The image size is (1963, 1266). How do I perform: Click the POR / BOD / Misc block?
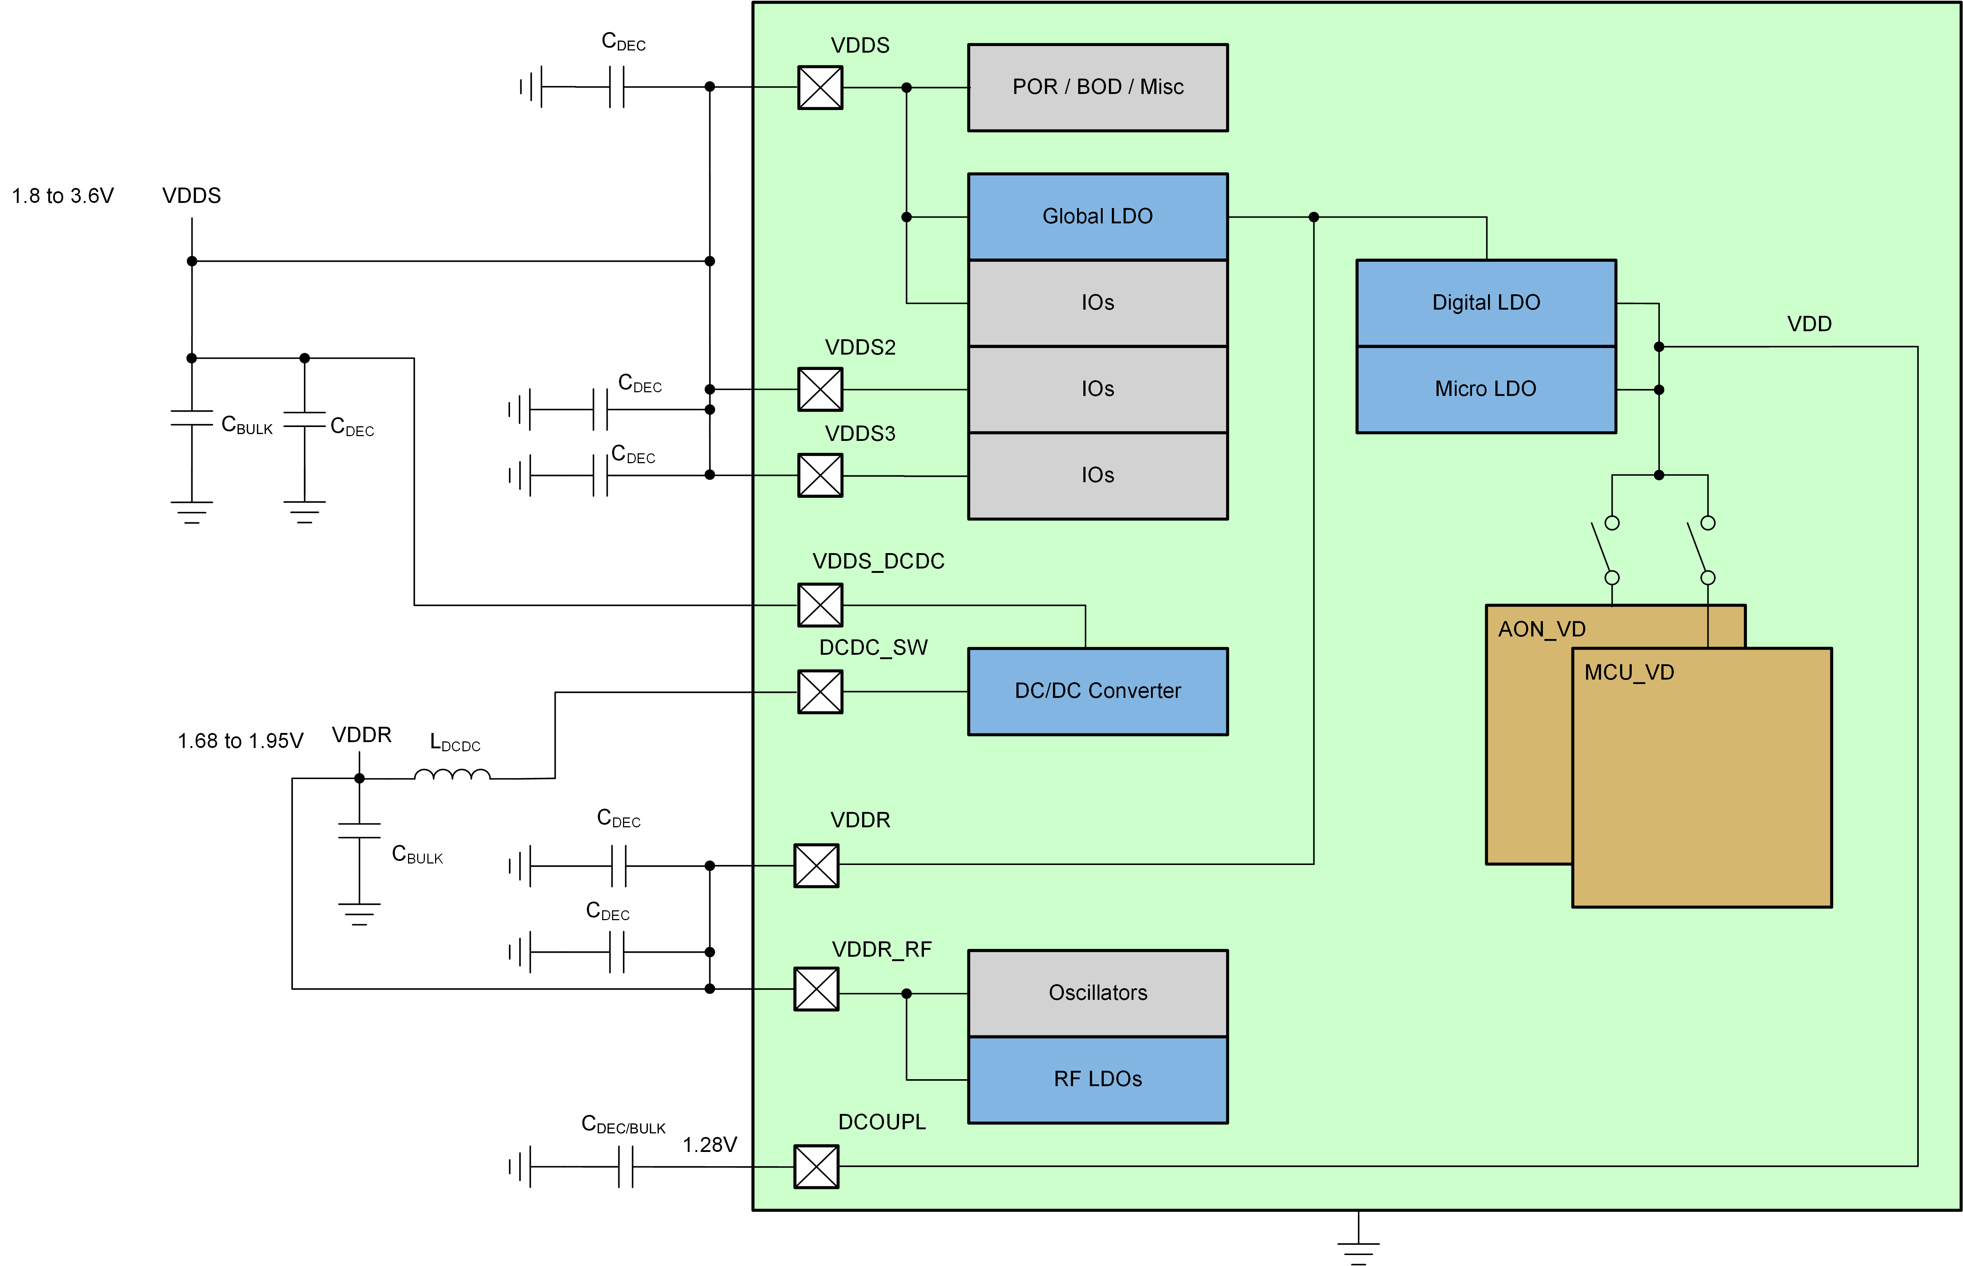1098,87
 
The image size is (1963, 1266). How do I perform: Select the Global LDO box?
1098,216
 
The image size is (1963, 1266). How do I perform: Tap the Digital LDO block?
1486,303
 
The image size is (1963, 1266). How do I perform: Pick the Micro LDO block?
1486,389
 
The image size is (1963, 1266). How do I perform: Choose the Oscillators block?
1098,993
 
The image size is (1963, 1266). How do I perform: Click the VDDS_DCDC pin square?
820,605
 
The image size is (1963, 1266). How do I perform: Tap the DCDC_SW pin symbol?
820,691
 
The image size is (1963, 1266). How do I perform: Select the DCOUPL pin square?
815,1167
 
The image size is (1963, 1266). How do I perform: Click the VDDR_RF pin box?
815,989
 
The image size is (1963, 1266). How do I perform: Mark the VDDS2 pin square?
820,389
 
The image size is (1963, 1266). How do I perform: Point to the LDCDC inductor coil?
452,774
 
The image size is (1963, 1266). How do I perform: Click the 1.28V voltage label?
709,1144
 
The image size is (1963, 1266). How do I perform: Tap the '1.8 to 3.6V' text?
63,196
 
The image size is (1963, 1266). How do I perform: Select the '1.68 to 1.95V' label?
240,741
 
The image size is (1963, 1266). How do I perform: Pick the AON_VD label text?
1541,629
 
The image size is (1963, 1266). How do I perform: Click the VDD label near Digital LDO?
1808,324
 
